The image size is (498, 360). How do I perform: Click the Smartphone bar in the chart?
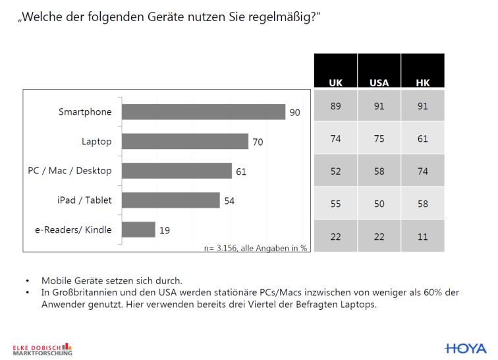pos(204,112)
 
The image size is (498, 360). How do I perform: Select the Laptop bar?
pos(186,142)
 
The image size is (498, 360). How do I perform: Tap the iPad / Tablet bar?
pos(171,200)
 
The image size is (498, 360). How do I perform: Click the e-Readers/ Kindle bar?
pos(139,229)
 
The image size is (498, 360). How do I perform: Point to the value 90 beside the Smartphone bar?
pos(295,113)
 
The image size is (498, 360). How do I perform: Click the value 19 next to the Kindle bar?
pos(165,230)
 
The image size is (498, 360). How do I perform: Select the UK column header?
pos(335,83)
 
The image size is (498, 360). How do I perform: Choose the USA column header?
pos(379,83)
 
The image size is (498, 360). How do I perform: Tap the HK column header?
pos(423,83)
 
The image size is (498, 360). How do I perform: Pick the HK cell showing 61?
pos(423,138)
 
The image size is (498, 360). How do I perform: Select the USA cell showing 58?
pos(379,171)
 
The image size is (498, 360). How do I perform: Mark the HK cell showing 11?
pos(423,235)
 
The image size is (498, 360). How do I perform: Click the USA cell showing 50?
pos(379,204)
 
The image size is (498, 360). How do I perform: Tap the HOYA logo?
pos(466,348)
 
